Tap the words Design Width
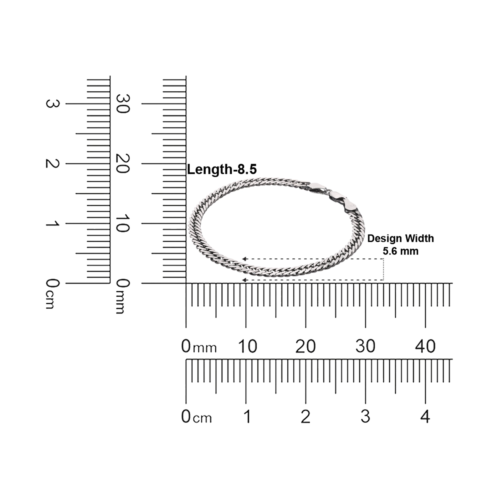[x=400, y=238]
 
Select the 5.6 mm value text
[x=400, y=251]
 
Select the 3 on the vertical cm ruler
[x=52, y=104]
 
